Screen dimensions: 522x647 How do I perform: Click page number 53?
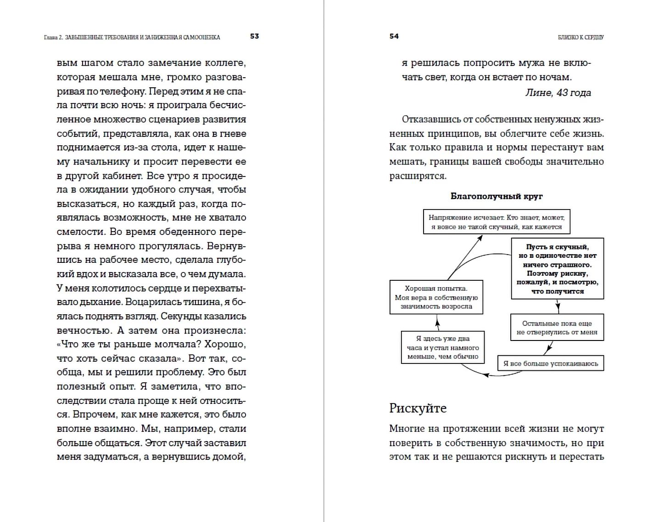[x=255, y=36]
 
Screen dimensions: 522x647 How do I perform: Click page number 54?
[x=394, y=36]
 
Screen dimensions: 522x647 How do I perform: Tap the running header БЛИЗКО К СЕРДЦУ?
[x=580, y=37]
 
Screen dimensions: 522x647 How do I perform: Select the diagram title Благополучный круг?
[x=496, y=196]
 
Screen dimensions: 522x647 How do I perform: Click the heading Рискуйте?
[x=418, y=408]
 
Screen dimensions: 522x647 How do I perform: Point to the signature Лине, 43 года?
[x=558, y=93]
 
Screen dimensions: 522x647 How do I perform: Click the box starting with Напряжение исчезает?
[x=496, y=222]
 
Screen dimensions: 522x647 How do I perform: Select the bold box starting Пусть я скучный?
[x=558, y=269]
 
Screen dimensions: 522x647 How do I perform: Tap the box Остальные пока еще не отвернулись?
[x=557, y=328]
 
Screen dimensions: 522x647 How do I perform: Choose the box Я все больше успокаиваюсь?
[x=551, y=363]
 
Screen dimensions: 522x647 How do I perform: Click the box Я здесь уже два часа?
[x=443, y=347]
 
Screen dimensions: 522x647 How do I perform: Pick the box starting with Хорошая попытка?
[x=436, y=297]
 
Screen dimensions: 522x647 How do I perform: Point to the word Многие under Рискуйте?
[x=407, y=429]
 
